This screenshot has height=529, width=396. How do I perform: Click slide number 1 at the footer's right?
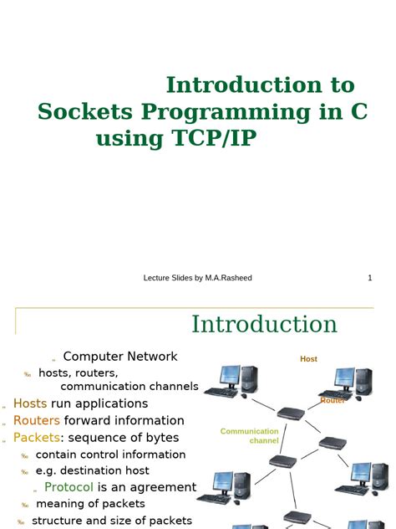(x=369, y=278)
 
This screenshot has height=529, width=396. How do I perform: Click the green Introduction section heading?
(x=264, y=325)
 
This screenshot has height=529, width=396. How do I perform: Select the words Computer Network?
(x=120, y=357)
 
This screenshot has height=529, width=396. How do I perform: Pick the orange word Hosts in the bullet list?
(x=30, y=403)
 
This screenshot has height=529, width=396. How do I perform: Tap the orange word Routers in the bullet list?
(x=37, y=420)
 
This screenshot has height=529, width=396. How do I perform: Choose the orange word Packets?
(x=38, y=437)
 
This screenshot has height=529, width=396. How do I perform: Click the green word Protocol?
(x=69, y=487)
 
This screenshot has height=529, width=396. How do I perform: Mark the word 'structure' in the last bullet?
(x=60, y=521)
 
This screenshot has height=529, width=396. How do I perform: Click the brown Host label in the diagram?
(x=308, y=359)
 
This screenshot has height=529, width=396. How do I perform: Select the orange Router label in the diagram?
(x=333, y=401)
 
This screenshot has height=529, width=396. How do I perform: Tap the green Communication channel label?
(x=250, y=435)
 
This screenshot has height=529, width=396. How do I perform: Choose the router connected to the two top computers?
(x=290, y=413)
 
